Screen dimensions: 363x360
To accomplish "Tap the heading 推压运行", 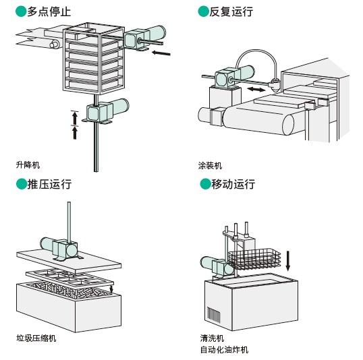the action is click(49, 185).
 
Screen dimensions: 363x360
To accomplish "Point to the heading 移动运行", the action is click(233, 185).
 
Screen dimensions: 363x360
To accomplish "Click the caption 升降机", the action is click(28, 165).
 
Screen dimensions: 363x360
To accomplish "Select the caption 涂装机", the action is click(210, 166).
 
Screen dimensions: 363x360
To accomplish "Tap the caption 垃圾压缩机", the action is click(36, 338).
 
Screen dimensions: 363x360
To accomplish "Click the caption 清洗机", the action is click(212, 338).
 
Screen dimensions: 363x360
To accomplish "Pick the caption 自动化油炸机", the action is click(224, 350).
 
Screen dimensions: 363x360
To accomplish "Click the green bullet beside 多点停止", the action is click(21, 11).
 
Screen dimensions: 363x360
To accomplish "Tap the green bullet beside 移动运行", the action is click(205, 184).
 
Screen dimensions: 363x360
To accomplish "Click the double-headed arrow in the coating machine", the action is click(256, 89).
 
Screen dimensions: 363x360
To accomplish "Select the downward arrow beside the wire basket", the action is click(287, 260).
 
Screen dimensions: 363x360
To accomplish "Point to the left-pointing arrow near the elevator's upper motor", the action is click(161, 53).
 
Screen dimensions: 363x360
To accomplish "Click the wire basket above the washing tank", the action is click(254, 260).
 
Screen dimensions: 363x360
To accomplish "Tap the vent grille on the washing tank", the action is click(213, 314).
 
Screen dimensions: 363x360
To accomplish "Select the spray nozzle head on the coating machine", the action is click(275, 84).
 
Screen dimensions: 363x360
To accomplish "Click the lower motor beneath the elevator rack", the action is click(106, 111).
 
